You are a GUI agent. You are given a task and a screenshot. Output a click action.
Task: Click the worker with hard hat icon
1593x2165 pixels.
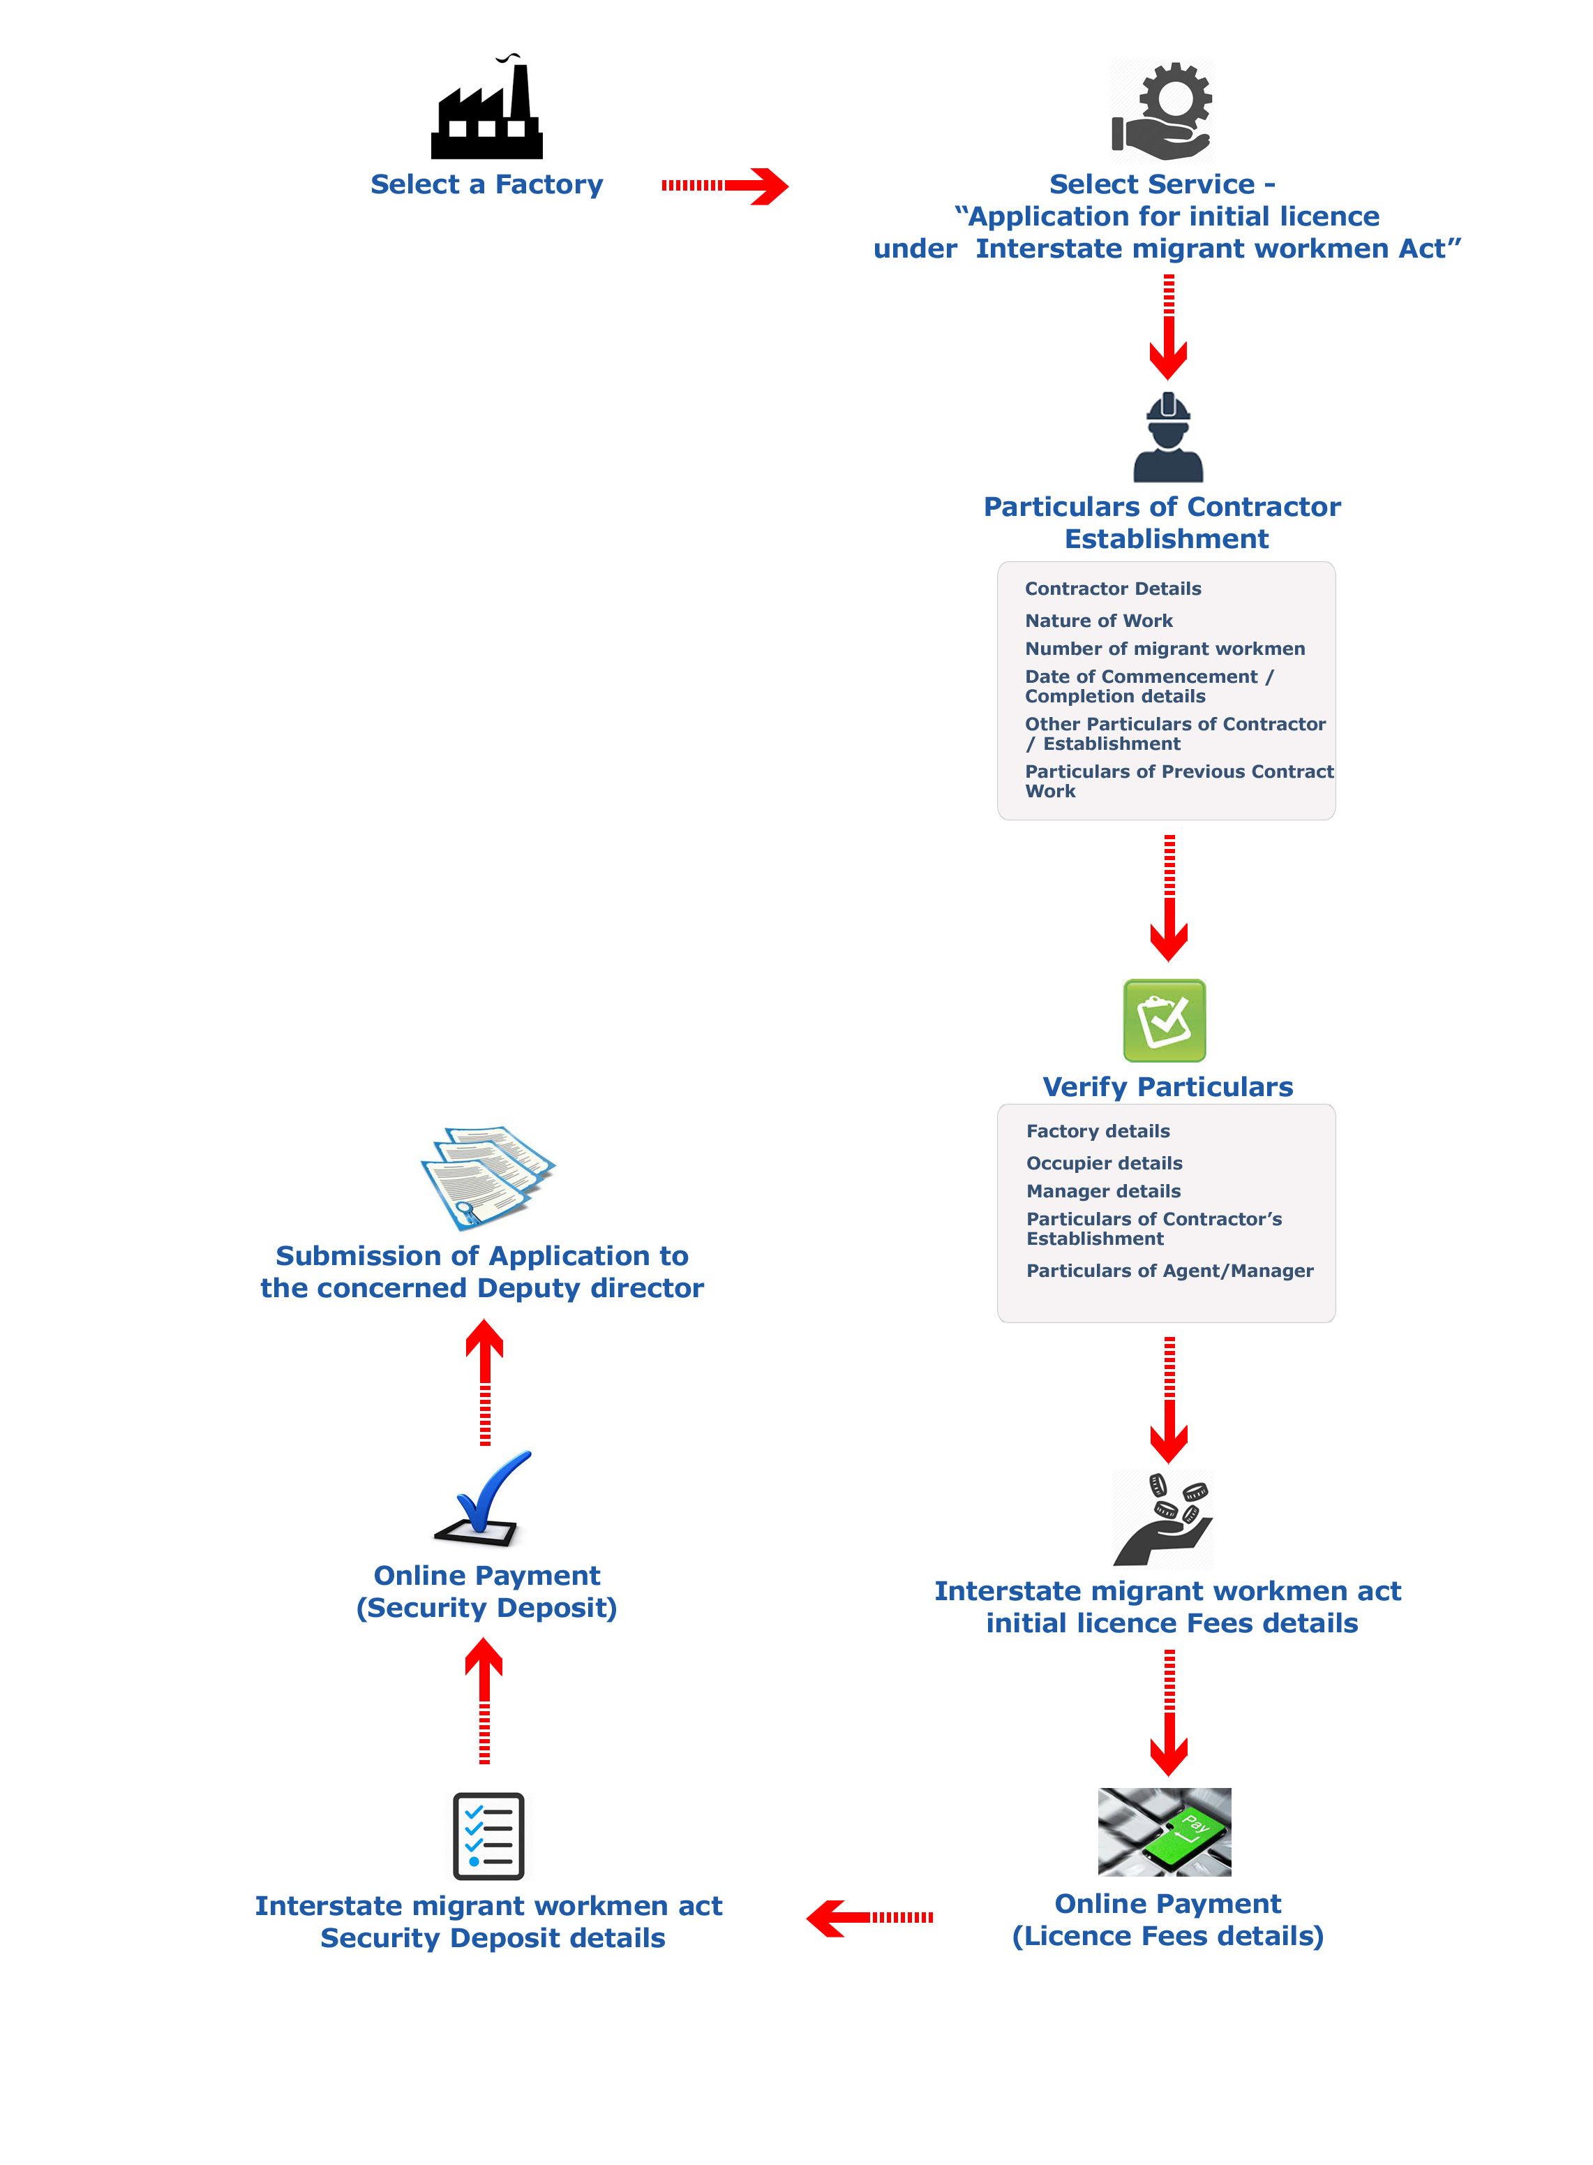[1168, 437]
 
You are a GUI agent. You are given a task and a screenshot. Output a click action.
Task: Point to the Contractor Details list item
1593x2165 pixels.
[1113, 589]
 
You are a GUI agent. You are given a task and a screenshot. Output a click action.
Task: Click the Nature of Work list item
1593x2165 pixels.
[1098, 621]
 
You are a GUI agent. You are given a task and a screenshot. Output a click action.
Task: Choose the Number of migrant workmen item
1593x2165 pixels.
[1165, 649]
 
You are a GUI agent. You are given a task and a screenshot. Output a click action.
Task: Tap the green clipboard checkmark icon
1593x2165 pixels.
[1164, 1021]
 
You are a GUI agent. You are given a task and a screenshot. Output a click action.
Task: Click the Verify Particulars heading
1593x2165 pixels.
[1168, 1086]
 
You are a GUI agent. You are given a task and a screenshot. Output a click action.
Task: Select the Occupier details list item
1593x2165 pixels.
[1104, 1164]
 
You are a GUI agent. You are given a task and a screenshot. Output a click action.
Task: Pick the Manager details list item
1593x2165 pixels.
[1103, 1192]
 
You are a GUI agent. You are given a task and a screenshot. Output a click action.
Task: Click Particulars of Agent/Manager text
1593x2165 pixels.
[1169, 1271]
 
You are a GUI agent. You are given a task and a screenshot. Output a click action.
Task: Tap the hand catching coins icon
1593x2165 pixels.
[1163, 1519]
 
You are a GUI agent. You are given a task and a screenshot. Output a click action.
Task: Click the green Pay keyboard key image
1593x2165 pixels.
[1164, 1832]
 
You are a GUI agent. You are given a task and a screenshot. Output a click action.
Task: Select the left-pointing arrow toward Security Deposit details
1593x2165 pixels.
[870, 1918]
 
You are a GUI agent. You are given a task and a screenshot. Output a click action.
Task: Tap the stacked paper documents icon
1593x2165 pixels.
[487, 1177]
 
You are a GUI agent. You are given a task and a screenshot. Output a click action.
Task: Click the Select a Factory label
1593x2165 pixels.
[487, 184]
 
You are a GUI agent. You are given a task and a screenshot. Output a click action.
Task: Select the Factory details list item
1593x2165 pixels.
[1098, 1131]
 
